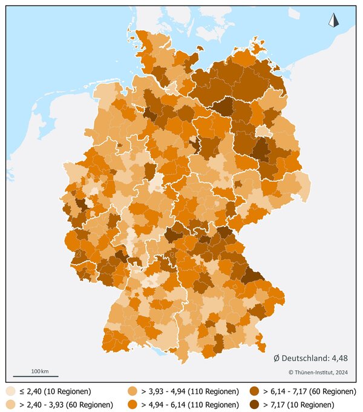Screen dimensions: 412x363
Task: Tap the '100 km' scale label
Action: tap(40, 370)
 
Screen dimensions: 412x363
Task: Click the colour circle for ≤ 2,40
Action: tap(10, 391)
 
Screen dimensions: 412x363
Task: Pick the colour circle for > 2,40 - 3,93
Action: tap(10, 404)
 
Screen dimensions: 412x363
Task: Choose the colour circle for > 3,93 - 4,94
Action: tap(132, 391)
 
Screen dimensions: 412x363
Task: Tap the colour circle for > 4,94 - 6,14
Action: tap(132, 404)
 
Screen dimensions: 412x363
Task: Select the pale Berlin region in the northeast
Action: tap(263, 131)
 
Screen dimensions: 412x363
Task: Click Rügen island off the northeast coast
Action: tap(260, 45)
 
